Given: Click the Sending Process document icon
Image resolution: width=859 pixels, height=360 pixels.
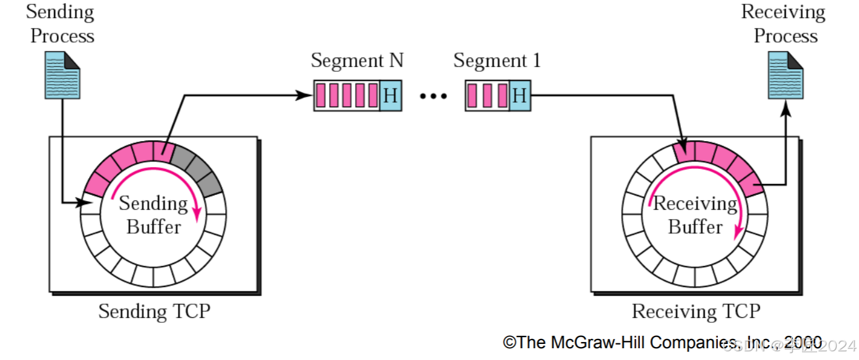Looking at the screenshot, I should [62, 75].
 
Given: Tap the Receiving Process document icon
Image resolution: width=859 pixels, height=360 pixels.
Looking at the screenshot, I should [785, 75].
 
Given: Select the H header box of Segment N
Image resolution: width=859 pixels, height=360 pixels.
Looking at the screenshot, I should [390, 96].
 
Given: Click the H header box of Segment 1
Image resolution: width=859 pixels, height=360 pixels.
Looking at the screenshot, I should [519, 96].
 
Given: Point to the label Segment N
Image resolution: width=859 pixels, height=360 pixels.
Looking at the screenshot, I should [357, 61].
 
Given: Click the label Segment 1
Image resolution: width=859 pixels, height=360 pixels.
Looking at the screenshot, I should [497, 61].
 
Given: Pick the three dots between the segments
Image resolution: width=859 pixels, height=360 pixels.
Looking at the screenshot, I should [433, 96].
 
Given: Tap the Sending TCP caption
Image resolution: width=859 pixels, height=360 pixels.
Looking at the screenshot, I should [154, 311].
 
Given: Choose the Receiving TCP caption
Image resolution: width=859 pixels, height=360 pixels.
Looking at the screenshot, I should [696, 311].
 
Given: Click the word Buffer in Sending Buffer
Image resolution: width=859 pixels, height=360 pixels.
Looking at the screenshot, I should [153, 226].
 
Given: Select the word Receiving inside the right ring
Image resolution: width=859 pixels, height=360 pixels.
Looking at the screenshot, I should [695, 203].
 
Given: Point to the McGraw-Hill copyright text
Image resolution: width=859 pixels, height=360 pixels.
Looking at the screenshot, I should [662, 342].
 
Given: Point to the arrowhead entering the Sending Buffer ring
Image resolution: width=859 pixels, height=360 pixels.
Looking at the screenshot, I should [87, 202].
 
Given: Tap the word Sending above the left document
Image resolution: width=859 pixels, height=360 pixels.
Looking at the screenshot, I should [60, 12].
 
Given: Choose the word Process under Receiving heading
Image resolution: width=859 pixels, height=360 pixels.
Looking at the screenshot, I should [785, 36].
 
